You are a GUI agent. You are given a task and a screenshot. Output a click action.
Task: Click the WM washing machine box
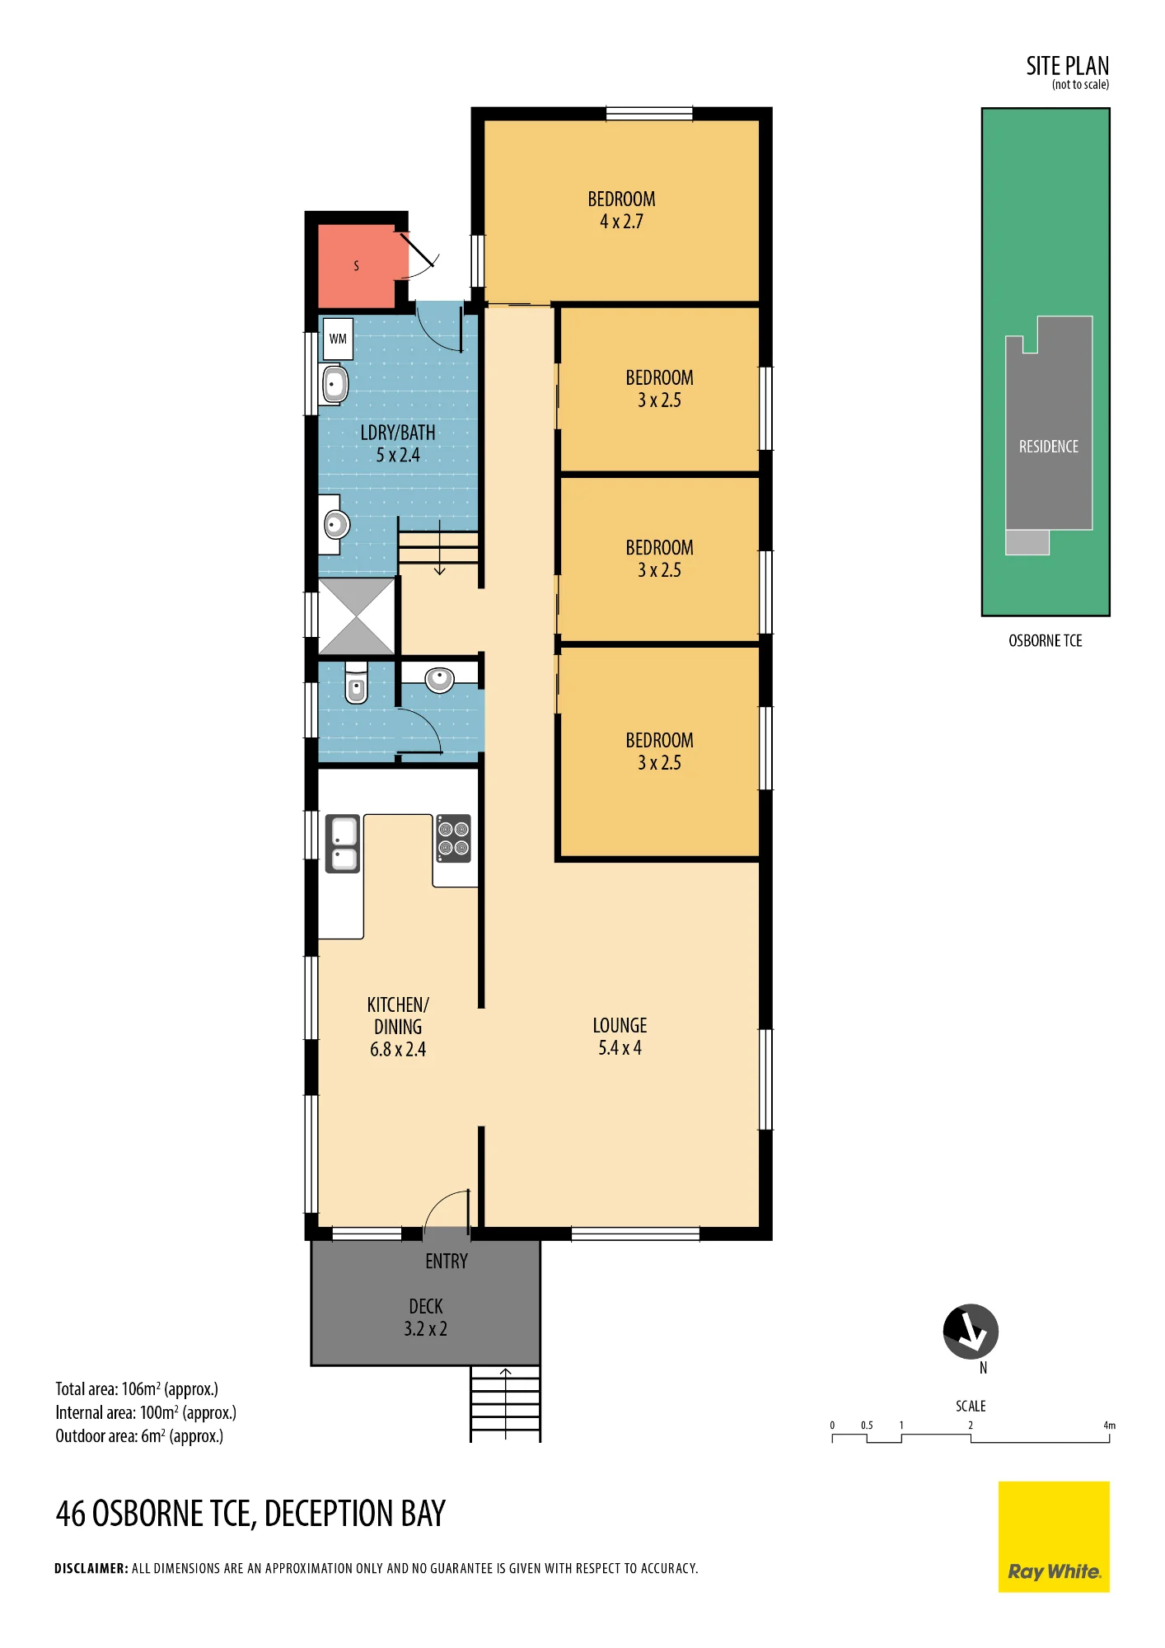click(338, 339)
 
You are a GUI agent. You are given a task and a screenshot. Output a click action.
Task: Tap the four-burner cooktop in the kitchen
click(453, 838)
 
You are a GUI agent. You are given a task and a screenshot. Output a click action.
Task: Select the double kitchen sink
click(343, 843)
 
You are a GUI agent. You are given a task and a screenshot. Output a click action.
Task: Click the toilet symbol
click(356, 681)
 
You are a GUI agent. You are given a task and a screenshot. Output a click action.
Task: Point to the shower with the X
click(357, 616)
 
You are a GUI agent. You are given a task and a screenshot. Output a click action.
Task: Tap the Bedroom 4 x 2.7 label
click(621, 210)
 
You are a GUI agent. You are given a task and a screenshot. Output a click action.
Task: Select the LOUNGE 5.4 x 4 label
click(620, 1037)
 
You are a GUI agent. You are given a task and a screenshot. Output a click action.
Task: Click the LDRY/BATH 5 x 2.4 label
click(398, 443)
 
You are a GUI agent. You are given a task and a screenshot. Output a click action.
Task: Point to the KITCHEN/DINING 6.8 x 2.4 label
click(398, 1027)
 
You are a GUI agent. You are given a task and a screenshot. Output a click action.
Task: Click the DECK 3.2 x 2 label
click(426, 1318)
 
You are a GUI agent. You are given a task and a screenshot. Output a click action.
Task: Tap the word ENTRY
click(447, 1262)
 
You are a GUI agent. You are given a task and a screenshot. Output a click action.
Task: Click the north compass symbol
click(971, 1332)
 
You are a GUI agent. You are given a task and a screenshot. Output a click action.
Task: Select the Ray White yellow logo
click(1054, 1537)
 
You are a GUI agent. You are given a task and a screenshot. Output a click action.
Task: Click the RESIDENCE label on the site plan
click(1049, 447)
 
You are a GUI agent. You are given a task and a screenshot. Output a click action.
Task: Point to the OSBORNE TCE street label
click(1046, 641)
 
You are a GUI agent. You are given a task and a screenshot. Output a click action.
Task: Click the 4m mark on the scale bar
click(1110, 1426)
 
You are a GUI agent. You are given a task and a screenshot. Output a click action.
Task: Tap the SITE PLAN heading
click(1068, 66)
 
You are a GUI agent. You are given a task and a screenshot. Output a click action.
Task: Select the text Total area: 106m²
click(108, 1389)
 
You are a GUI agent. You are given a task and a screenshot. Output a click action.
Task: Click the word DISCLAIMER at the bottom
click(91, 1568)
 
